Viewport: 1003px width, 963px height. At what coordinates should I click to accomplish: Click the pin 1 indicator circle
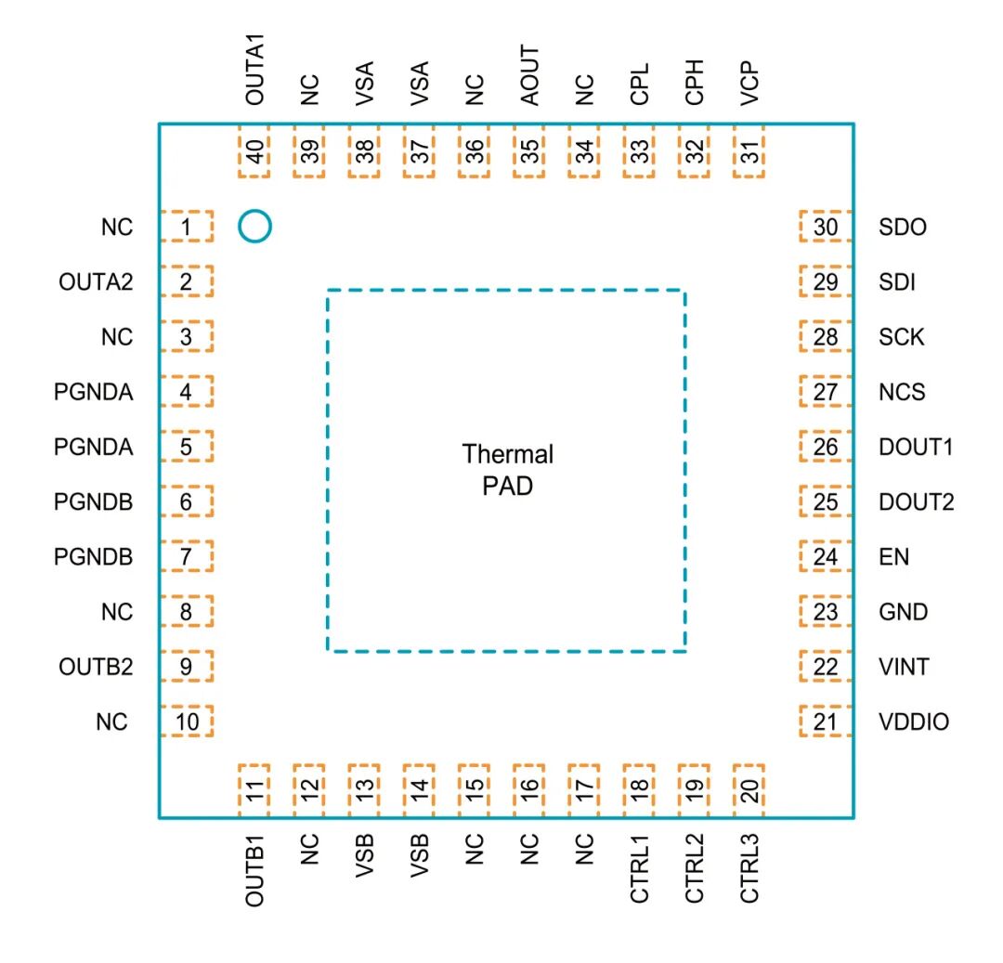254,212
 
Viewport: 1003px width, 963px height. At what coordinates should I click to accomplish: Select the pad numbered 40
254,151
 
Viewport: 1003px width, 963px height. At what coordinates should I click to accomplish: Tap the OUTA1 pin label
254,70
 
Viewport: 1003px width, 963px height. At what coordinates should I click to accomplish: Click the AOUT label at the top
529,75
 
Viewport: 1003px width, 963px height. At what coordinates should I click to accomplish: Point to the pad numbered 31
749,151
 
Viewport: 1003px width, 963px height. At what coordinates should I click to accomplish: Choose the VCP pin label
749,84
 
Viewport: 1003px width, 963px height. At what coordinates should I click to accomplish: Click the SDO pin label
903,227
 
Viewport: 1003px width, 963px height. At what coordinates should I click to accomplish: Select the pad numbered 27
826,391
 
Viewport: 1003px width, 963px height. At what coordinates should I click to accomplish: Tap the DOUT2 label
917,502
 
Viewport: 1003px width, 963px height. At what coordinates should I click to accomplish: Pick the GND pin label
904,612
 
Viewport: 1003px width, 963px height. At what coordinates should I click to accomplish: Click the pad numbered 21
826,722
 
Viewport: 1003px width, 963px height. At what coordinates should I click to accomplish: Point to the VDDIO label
914,722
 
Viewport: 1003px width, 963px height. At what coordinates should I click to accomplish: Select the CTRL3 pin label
749,868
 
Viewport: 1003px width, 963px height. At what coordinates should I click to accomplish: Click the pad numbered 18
639,790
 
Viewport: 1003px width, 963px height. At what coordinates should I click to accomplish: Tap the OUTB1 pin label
254,870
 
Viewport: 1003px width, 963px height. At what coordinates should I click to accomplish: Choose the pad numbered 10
186,722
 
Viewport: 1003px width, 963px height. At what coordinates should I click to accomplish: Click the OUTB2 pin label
96,667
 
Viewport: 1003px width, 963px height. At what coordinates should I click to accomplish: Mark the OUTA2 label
96,282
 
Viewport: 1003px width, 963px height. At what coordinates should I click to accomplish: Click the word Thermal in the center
508,454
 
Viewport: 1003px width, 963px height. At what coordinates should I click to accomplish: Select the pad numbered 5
186,447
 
